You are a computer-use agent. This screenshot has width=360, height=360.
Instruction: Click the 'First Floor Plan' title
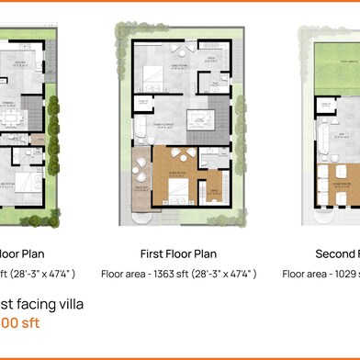(x=178, y=253)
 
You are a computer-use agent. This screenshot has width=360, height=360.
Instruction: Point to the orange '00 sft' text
(x=19, y=323)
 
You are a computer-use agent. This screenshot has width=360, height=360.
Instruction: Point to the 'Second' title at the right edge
(x=336, y=253)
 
